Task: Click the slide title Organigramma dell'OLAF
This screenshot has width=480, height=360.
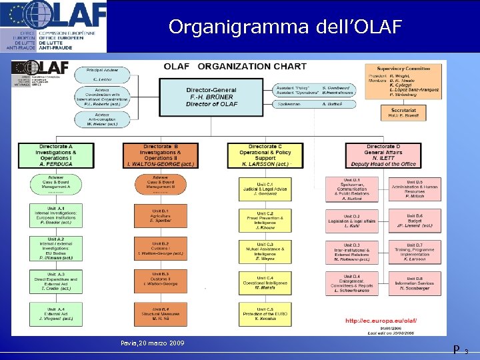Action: click(285, 27)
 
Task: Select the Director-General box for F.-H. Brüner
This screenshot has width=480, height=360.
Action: click(211, 96)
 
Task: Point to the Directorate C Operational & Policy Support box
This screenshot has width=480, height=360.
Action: click(265, 155)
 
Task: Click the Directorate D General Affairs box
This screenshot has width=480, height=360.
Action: click(383, 155)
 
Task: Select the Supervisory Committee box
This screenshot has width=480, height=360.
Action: click(403, 83)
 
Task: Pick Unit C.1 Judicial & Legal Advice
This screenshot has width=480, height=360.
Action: click(265, 189)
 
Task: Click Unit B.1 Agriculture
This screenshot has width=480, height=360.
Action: click(161, 216)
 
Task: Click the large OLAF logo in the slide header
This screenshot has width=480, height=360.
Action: click(53, 26)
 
